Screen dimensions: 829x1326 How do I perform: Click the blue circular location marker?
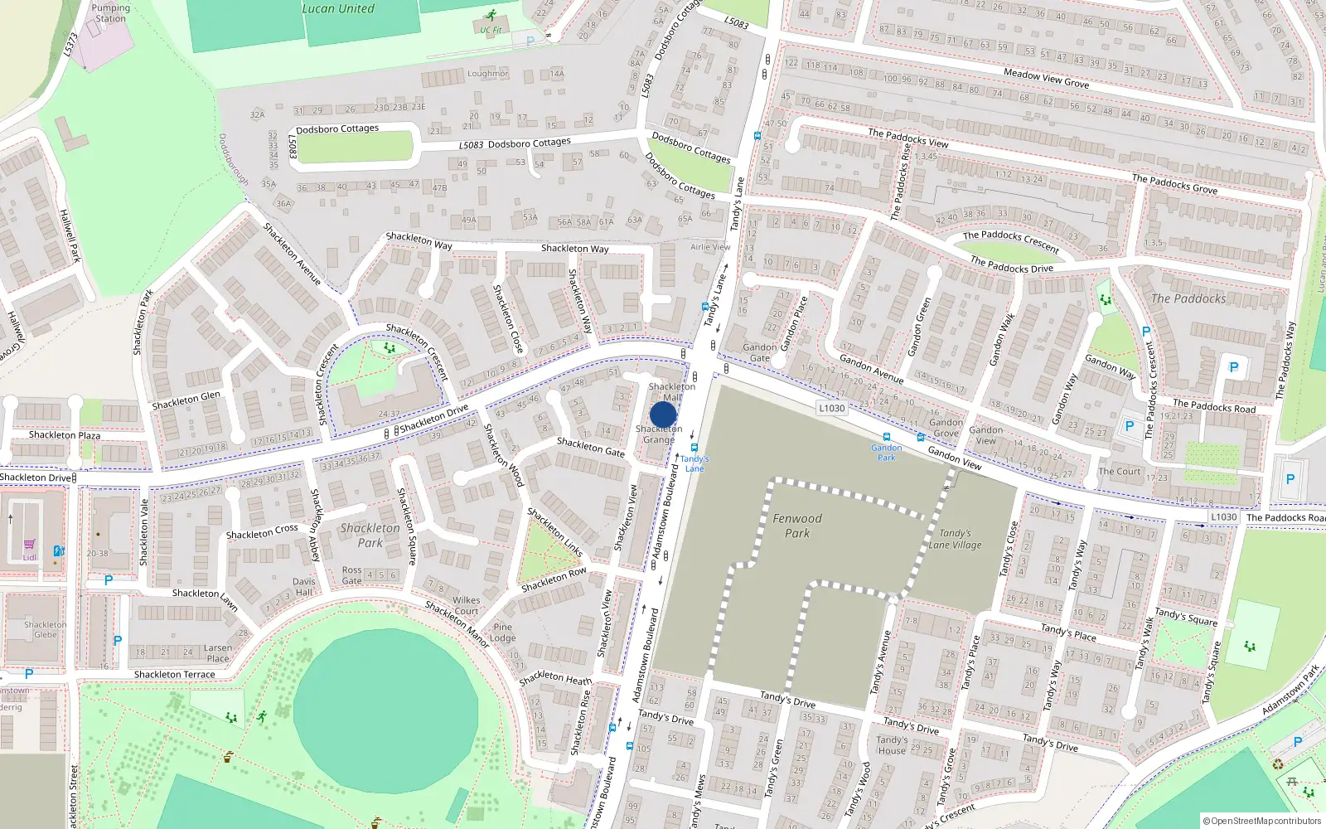[663, 414]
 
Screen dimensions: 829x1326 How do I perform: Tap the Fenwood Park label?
[797, 526]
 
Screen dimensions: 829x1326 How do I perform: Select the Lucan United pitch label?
[337, 9]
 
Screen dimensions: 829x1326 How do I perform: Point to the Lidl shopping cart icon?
[30, 545]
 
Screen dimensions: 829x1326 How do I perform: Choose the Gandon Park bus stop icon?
[887, 437]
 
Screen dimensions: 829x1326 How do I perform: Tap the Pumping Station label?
[110, 13]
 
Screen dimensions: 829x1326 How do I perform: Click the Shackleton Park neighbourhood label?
[370, 535]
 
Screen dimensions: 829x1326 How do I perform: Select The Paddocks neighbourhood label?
[1188, 298]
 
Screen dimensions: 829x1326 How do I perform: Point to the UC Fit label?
[491, 30]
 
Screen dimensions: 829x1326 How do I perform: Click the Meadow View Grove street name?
[1046, 78]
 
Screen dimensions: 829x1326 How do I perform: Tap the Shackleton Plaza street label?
[65, 435]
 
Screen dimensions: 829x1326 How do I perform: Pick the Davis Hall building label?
[303, 587]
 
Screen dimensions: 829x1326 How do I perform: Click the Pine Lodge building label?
[502, 633]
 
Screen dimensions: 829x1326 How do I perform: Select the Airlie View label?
[710, 247]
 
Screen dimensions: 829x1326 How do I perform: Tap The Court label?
[1120, 472]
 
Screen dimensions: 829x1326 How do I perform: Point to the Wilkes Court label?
[466, 605]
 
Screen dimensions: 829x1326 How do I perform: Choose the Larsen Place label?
[218, 653]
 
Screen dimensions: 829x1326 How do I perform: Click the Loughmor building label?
[487, 74]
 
